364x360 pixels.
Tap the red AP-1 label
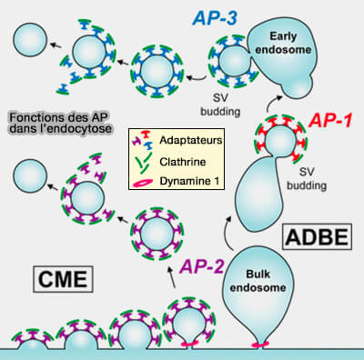pyautogui.click(x=332, y=119)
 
